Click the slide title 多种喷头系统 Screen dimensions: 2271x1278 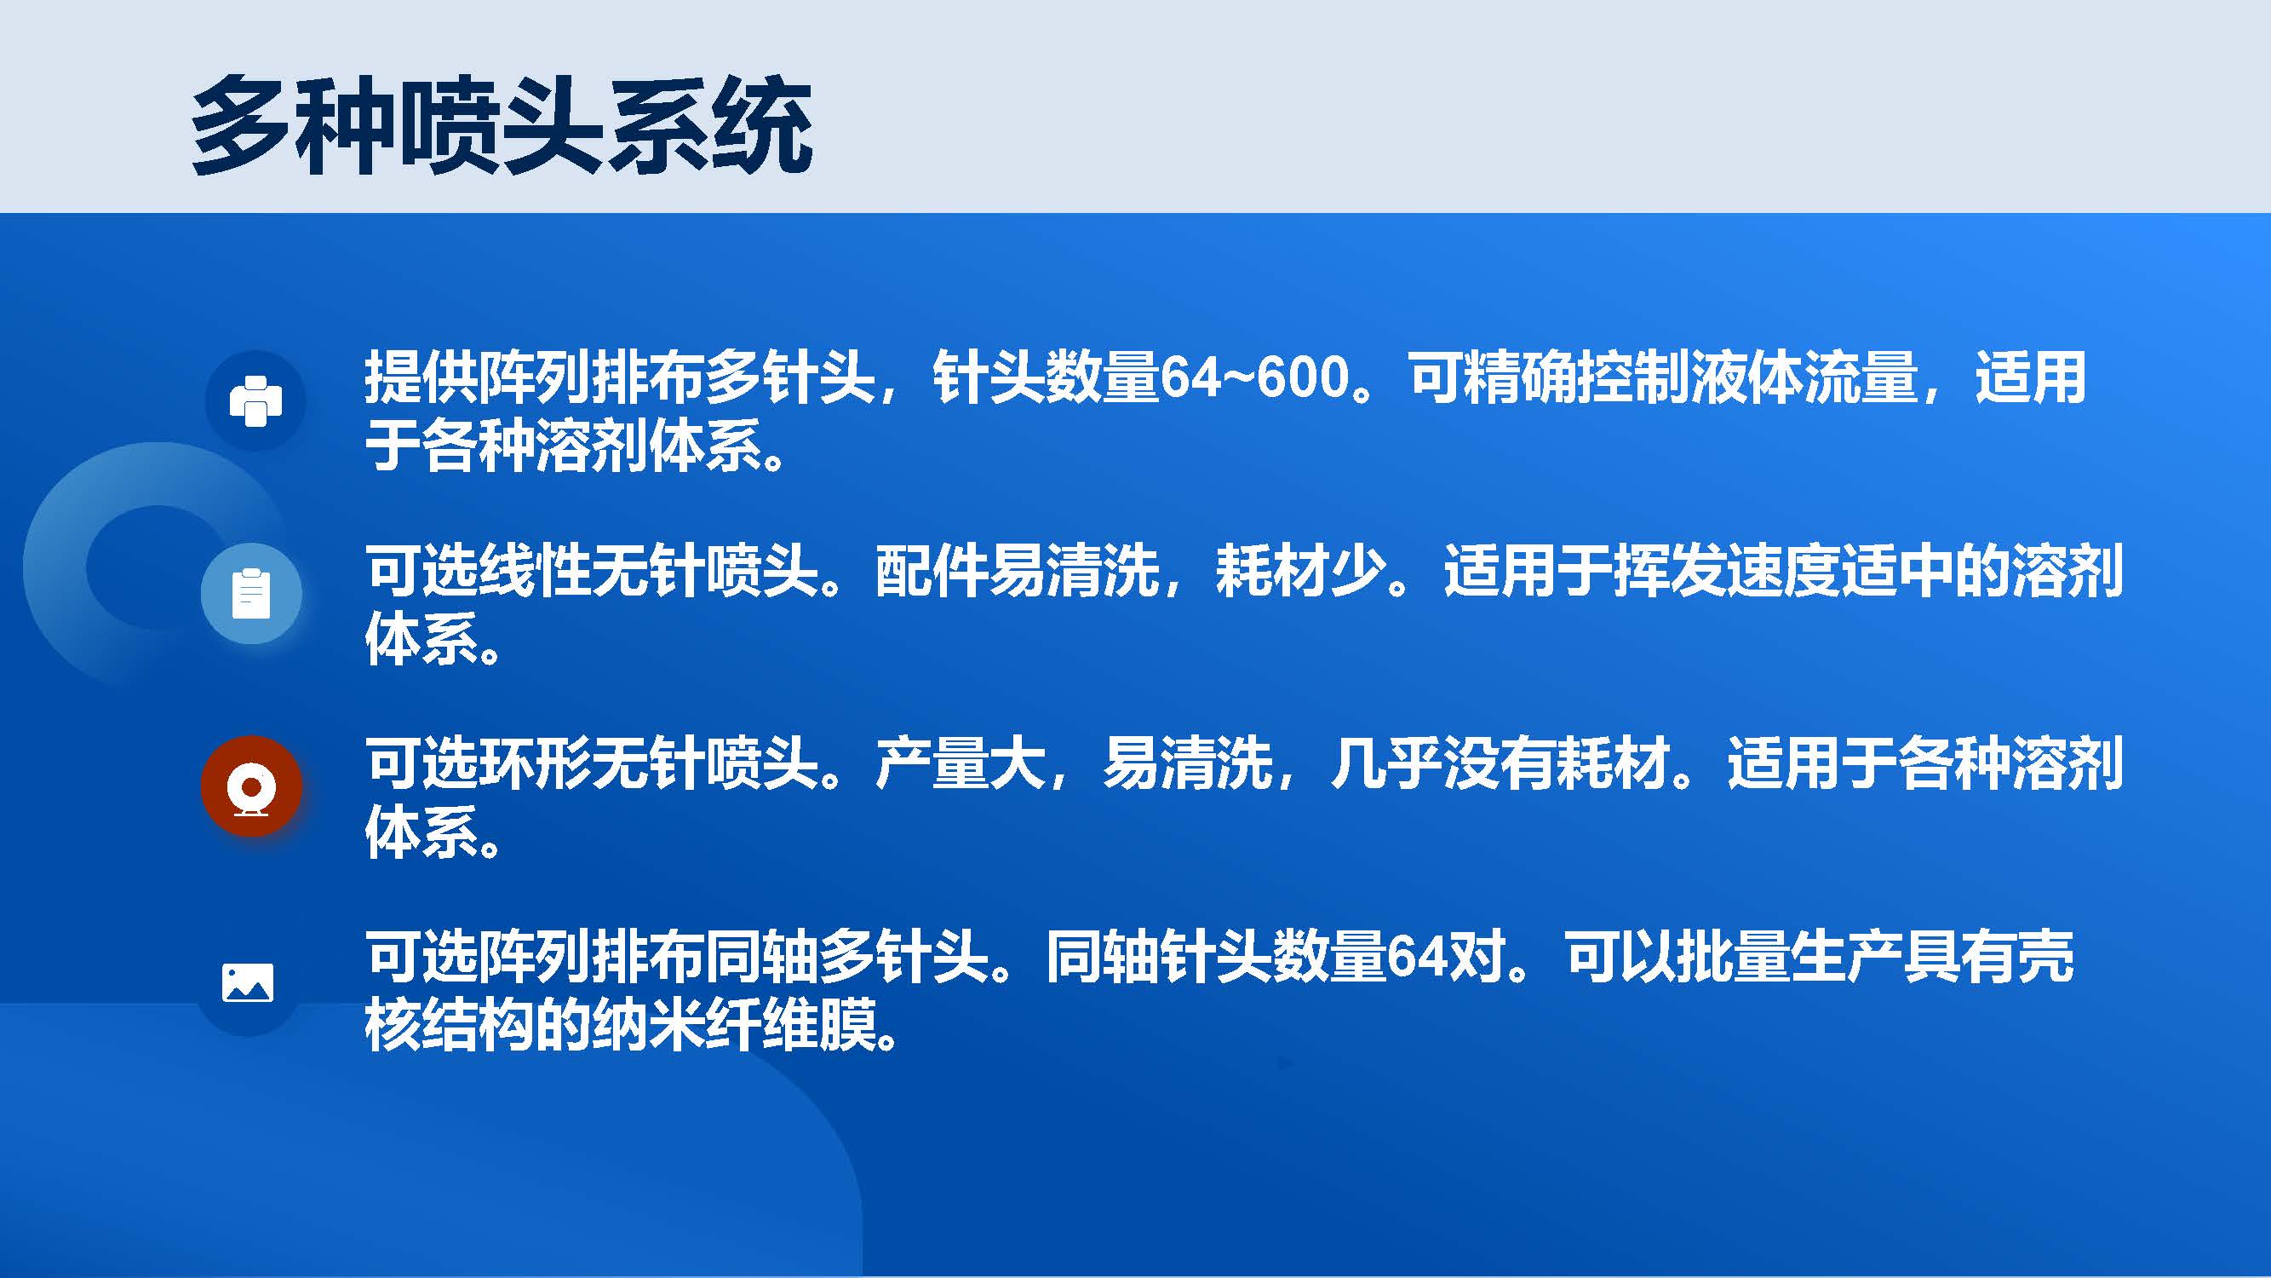[501, 125]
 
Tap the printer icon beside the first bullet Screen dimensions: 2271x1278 [255, 401]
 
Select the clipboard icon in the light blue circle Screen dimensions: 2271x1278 [251, 593]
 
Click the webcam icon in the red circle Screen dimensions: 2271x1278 [251, 786]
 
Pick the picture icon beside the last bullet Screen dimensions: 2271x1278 [248, 982]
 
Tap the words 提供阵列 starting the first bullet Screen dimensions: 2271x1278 [478, 377]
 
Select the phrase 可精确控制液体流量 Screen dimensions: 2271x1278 [1663, 377]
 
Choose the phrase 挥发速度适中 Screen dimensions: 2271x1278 [1781, 570]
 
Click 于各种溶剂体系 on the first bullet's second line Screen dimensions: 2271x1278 [564, 446]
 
